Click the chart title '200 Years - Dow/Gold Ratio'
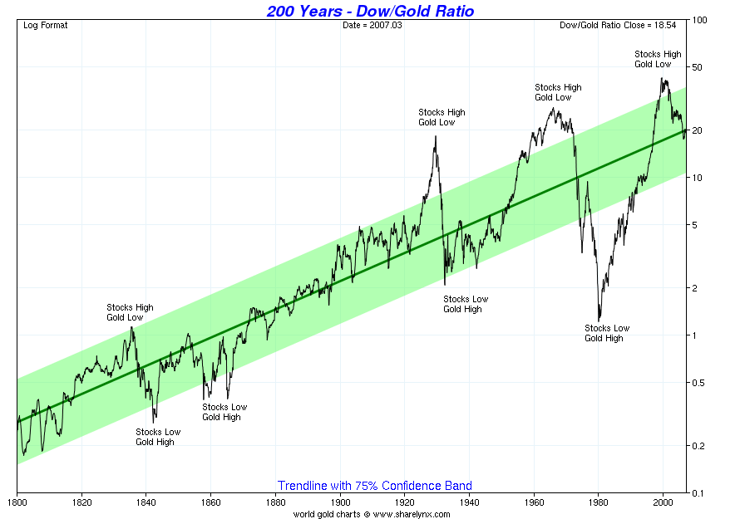[370, 11]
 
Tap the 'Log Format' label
[46, 25]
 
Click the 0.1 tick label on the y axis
[699, 493]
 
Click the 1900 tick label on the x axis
[340, 502]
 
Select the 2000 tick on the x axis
[663, 502]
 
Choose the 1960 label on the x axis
[534, 502]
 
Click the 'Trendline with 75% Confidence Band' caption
[374, 486]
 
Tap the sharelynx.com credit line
[371, 514]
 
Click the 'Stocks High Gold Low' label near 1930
[442, 117]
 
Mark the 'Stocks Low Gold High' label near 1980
[607, 333]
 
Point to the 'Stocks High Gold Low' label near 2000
[658, 59]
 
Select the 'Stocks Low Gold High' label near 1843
[158, 437]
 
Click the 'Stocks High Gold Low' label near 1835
[130, 312]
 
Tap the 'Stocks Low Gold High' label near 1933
[466, 304]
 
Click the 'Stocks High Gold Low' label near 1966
[558, 92]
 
